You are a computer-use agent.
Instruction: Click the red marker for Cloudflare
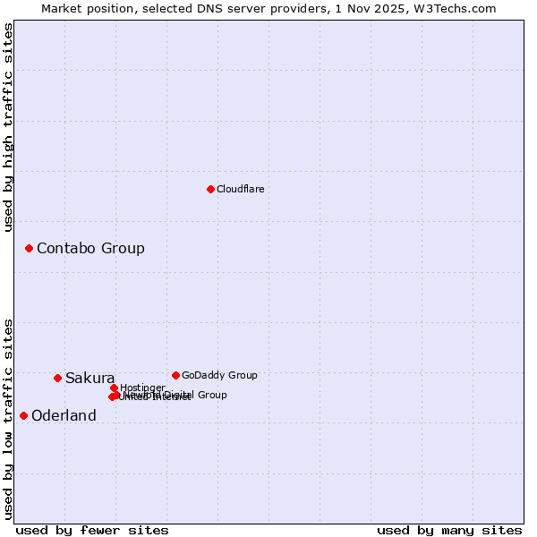coord(210,189)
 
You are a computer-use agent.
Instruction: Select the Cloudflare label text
coord(240,190)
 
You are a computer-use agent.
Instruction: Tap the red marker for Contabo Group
coord(29,248)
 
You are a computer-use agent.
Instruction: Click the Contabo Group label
coord(90,249)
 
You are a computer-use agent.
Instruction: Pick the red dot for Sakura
coord(57,378)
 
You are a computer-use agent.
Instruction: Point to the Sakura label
coord(89,379)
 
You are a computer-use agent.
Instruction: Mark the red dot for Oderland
coord(23,415)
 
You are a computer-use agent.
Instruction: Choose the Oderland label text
coord(64,416)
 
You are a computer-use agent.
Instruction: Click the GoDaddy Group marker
coord(175,375)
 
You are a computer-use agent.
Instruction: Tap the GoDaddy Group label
coord(219,376)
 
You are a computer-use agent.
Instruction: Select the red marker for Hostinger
coord(114,388)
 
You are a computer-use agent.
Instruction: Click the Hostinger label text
coord(142,388)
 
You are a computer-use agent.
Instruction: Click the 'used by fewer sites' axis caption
coord(92,531)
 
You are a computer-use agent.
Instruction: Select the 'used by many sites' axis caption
coord(449,531)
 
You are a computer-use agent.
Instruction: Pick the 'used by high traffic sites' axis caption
coord(9,127)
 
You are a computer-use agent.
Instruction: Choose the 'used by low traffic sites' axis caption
coord(9,419)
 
